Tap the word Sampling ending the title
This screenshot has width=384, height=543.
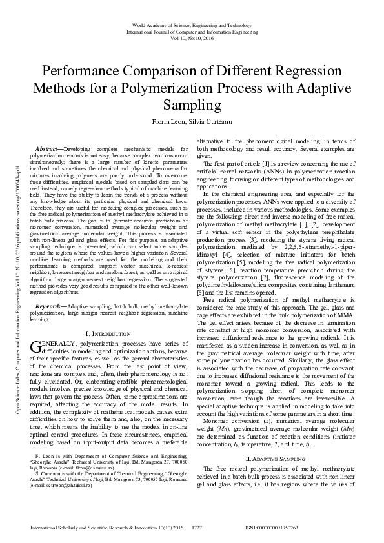[192, 104]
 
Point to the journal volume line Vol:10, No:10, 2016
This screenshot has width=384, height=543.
[192, 37]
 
